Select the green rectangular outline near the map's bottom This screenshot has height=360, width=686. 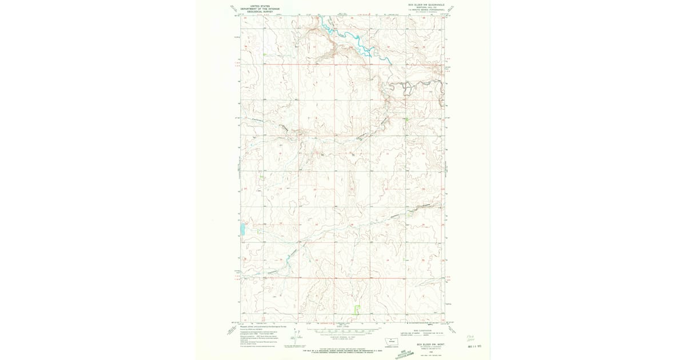click(x=357, y=310)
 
